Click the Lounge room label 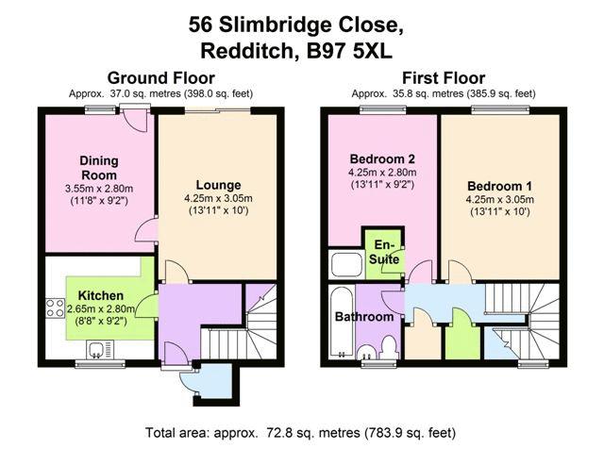218,185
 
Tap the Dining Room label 99,168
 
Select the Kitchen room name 101,295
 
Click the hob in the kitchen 55,308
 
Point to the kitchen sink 99,350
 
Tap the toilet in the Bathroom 389,347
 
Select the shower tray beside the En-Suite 346,264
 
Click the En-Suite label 384,252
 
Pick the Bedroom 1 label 499,186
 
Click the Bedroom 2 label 382,158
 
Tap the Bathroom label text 364,317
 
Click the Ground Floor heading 161,78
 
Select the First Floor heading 444,78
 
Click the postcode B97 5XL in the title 349,51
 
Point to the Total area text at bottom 300,432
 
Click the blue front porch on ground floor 211,382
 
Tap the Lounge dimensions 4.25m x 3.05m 218,198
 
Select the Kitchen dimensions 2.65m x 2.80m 101,308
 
